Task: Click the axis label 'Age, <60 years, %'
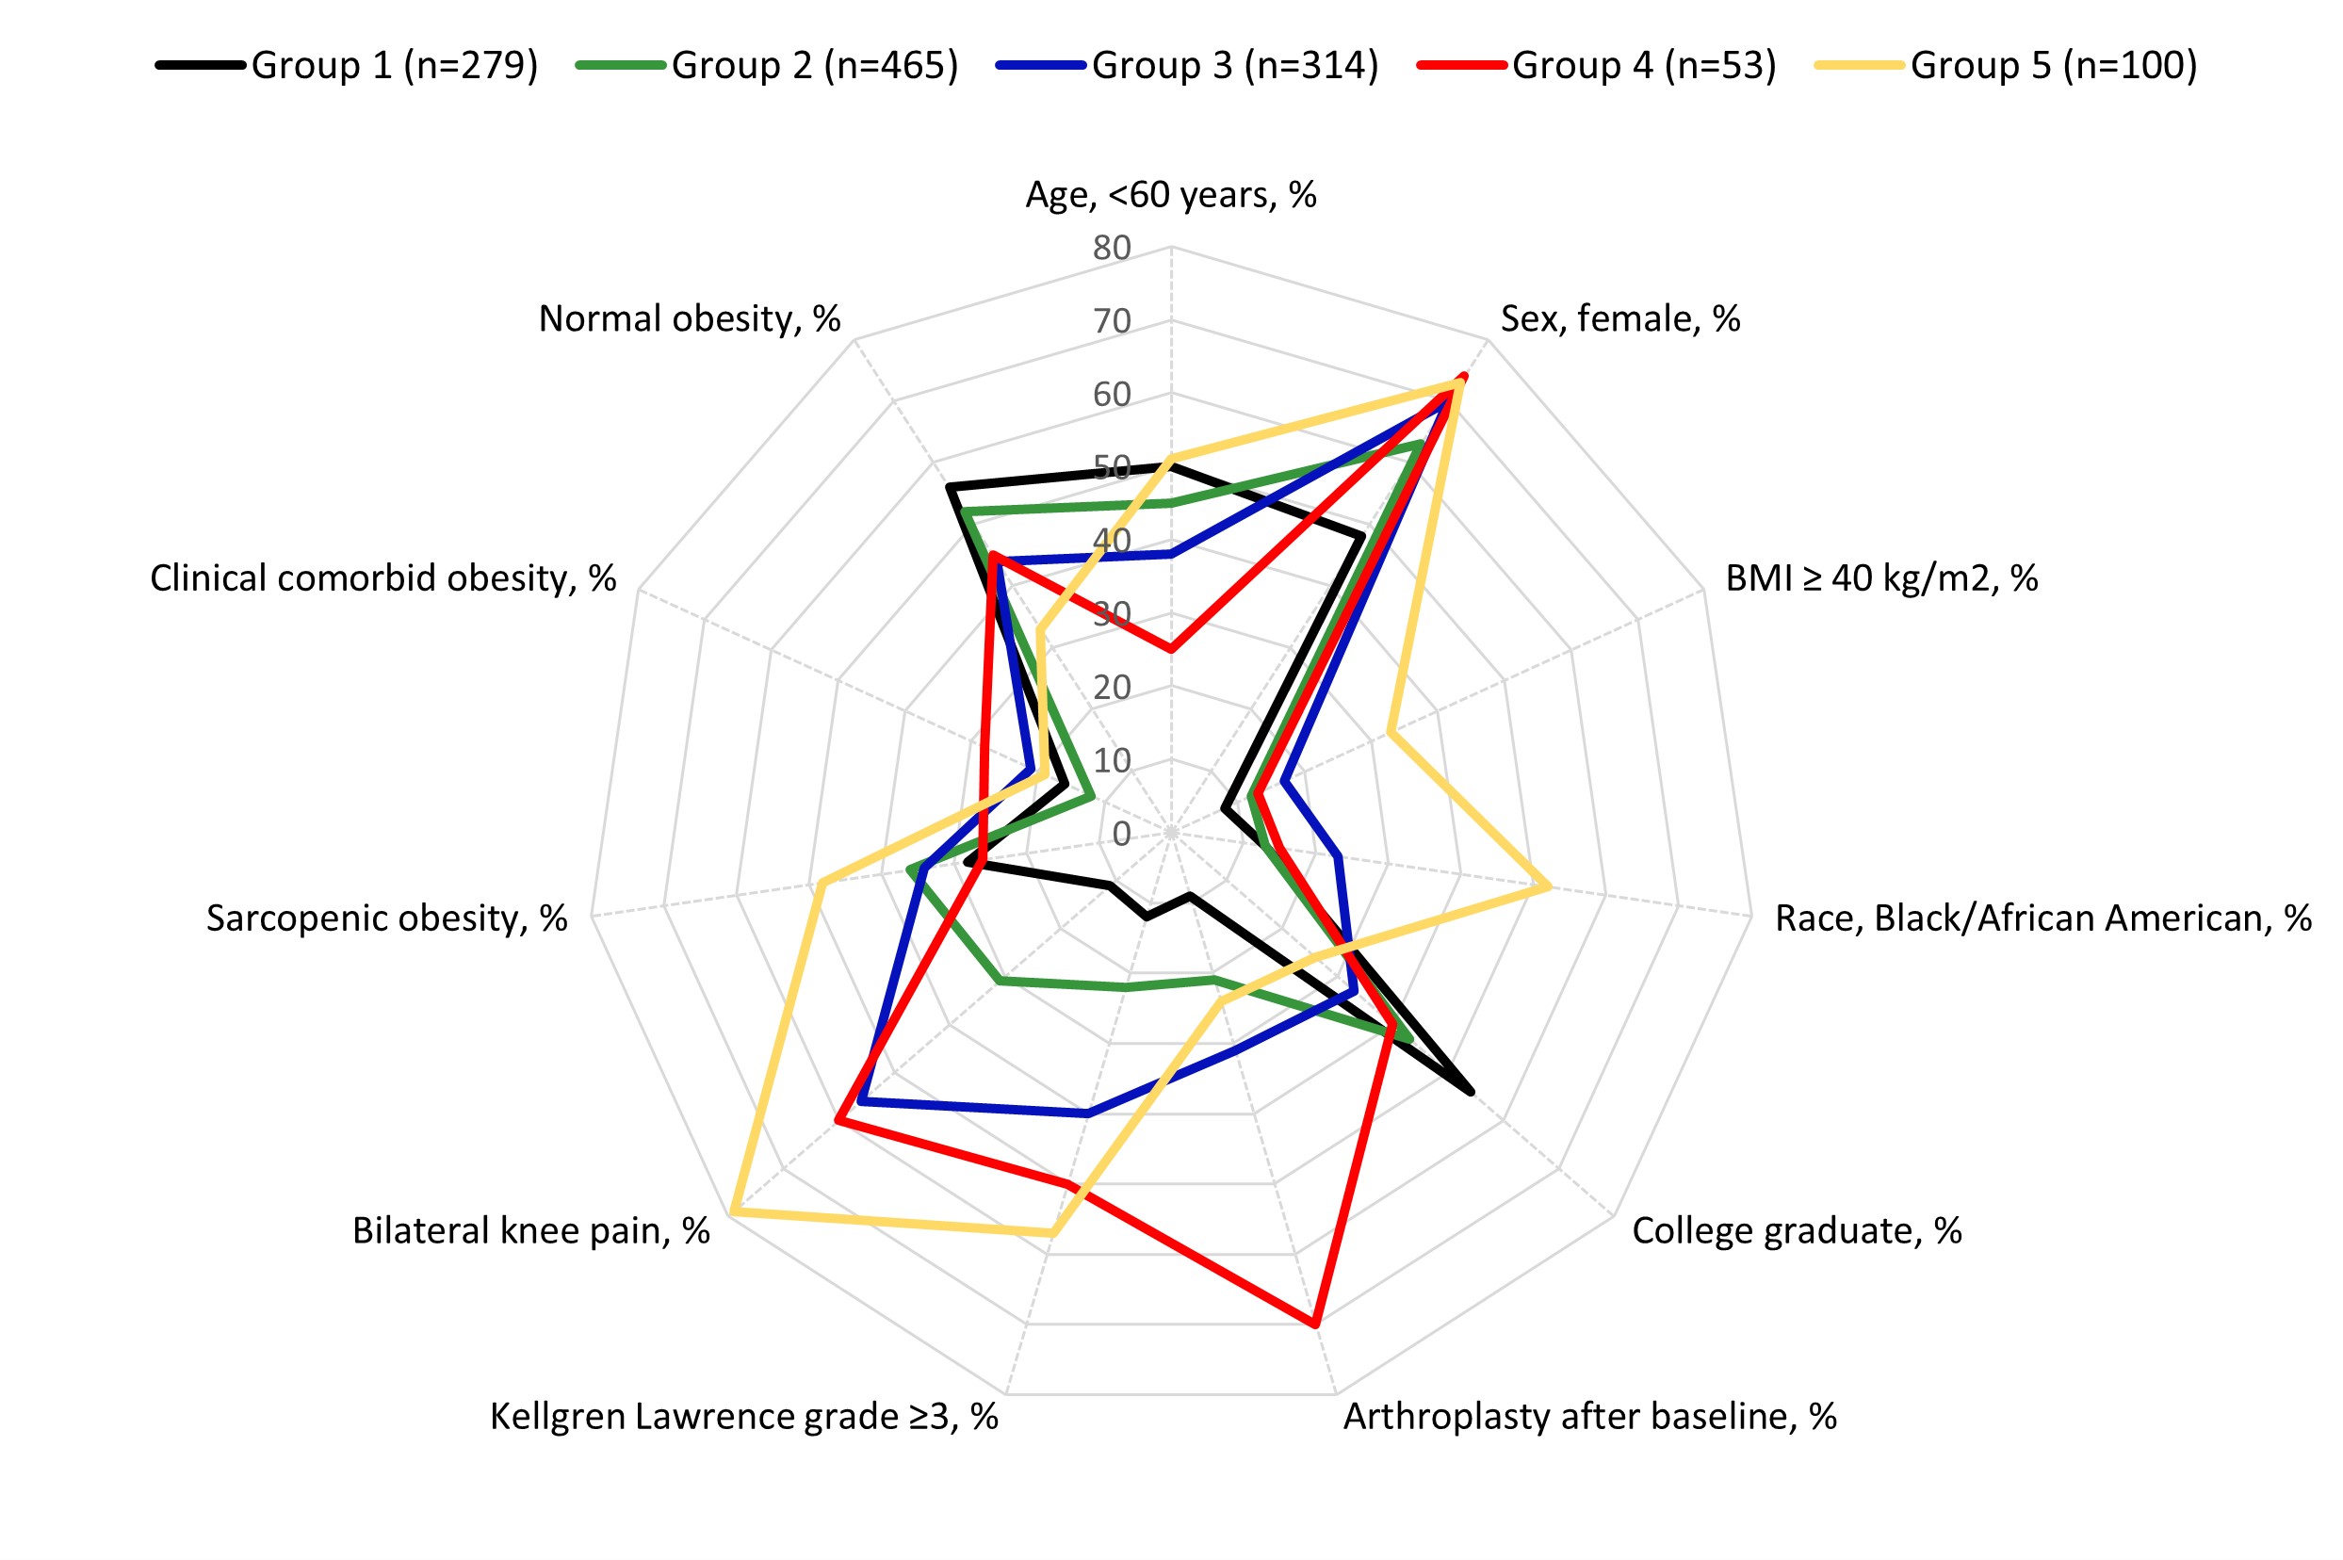(1171, 195)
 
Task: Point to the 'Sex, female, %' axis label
(1619, 319)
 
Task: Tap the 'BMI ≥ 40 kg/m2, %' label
(1880, 578)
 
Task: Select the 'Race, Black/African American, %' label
(2042, 918)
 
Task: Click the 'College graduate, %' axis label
(1797, 1230)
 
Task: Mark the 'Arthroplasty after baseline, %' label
(1589, 1416)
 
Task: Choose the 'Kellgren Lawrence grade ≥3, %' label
(744, 1416)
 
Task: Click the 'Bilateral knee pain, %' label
(531, 1230)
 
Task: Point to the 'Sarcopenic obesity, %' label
(387, 918)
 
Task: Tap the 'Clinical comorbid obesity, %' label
(383, 578)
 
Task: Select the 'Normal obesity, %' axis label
(690, 319)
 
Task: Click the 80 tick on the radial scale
(1112, 248)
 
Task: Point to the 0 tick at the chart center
(1121, 834)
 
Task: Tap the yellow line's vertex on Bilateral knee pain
(732, 1211)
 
